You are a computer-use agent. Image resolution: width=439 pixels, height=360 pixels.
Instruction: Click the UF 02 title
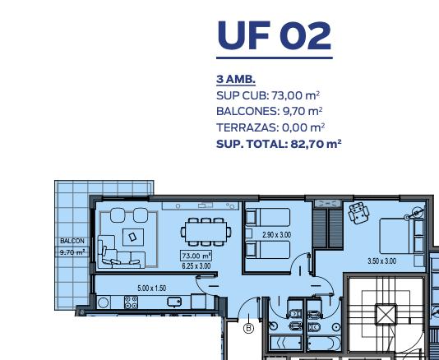click(275, 35)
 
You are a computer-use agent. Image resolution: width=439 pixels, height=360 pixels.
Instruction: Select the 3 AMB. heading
click(236, 80)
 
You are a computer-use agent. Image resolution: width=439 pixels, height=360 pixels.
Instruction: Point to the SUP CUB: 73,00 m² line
click(268, 95)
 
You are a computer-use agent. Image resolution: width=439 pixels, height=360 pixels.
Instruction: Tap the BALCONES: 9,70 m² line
click(270, 112)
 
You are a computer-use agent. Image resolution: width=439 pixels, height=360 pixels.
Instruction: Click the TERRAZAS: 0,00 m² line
click(270, 127)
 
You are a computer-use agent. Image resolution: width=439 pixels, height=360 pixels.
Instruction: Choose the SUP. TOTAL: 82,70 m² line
click(279, 144)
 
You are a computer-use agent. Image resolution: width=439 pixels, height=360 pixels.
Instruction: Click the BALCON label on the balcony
click(72, 241)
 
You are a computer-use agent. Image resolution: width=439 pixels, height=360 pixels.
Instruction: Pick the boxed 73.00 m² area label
click(196, 256)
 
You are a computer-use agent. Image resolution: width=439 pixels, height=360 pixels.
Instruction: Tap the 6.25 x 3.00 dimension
click(196, 265)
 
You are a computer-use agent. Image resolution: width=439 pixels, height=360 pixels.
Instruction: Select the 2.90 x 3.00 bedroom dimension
click(276, 234)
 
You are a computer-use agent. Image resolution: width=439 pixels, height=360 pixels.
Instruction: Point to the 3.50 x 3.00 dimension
click(382, 261)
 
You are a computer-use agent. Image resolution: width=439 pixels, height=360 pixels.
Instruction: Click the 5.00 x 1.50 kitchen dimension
click(152, 288)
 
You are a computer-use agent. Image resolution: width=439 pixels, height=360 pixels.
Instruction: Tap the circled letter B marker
click(248, 328)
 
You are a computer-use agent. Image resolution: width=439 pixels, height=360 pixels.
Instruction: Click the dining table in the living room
click(206, 232)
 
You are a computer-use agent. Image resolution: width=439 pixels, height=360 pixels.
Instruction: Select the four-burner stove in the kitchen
click(131, 302)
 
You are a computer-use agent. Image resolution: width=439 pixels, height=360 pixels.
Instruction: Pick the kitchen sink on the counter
click(174, 302)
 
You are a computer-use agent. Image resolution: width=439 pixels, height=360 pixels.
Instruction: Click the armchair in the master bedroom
click(358, 213)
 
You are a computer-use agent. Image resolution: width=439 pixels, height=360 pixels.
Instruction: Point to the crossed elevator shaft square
click(386, 314)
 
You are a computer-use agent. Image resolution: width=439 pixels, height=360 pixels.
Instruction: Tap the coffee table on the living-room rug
click(133, 237)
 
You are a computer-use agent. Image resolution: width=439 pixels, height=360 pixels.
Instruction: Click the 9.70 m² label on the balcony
click(72, 252)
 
